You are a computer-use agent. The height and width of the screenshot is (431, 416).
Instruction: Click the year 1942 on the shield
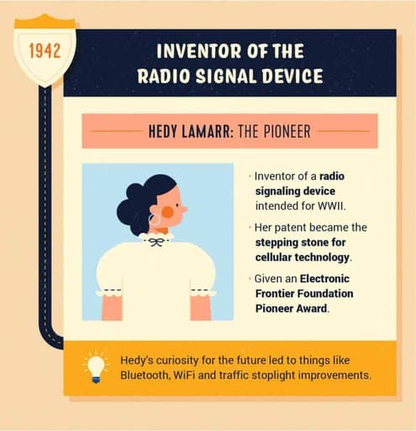[45, 51]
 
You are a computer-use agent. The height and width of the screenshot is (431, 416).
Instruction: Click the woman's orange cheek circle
[167, 212]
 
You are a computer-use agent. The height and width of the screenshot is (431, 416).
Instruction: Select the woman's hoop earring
[155, 220]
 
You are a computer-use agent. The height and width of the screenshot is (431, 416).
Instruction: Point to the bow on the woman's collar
[155, 242]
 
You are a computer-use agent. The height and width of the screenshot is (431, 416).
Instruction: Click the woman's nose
[184, 210]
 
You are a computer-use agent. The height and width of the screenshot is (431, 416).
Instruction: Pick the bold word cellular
[274, 257]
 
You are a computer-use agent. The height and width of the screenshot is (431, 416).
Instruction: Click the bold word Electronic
[324, 279]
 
